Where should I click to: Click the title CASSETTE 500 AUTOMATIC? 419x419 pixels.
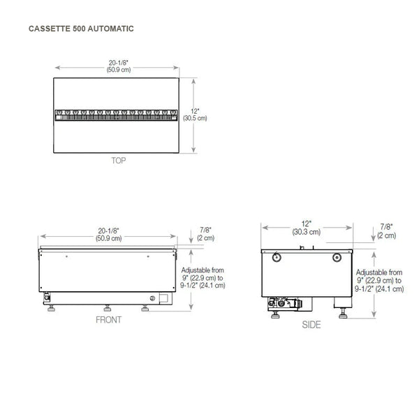pyautogui.click(x=81, y=29)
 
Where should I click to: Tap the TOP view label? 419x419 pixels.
pyautogui.click(x=119, y=161)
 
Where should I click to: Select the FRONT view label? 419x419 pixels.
pyautogui.click(x=108, y=320)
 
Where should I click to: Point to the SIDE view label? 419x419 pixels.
pyautogui.click(x=311, y=325)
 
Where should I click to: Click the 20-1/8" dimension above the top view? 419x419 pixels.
pyautogui.click(x=119, y=66)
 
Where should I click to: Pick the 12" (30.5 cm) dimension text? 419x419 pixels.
pyautogui.click(x=195, y=115)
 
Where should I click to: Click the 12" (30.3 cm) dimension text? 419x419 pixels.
pyautogui.click(x=307, y=228)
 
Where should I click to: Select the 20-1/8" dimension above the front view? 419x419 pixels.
pyautogui.click(x=109, y=235)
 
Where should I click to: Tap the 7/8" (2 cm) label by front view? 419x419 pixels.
pyautogui.click(x=206, y=234)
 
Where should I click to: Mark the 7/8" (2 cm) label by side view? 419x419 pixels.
pyautogui.click(x=387, y=231)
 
